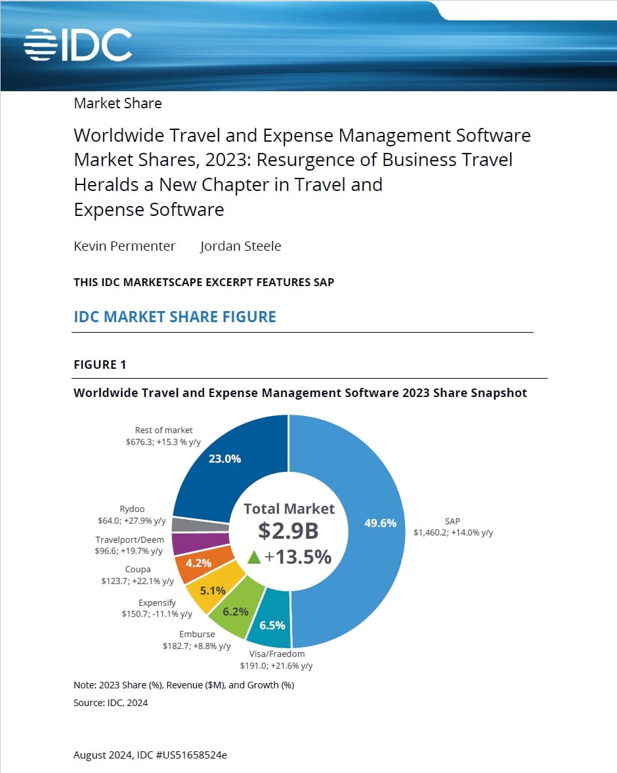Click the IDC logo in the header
(x=78, y=45)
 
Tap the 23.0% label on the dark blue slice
(x=224, y=459)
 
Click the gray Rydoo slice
(x=200, y=524)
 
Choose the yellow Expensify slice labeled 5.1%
(x=213, y=590)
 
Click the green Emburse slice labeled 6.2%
(x=236, y=612)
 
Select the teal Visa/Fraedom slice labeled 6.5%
(x=272, y=625)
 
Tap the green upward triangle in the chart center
(x=254, y=557)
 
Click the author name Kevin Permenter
(x=125, y=246)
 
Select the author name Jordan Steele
(x=240, y=246)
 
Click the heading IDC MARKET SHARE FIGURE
(x=175, y=317)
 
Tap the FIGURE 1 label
(x=100, y=365)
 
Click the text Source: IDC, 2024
(x=111, y=703)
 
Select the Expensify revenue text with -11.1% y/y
(x=157, y=614)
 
